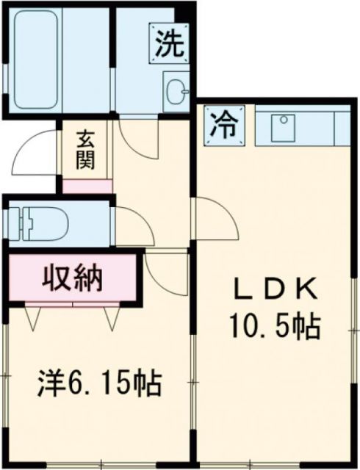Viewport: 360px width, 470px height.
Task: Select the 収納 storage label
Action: pyautogui.click(x=72, y=279)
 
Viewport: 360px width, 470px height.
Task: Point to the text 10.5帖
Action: pyautogui.click(x=276, y=325)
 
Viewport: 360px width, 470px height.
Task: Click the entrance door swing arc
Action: pyautogui.click(x=35, y=151)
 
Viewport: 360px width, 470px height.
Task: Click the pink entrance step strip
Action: pyautogui.click(x=87, y=186)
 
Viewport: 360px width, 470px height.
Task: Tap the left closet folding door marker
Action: pyautogui.click(x=32, y=316)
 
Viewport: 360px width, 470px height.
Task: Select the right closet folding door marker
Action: pyautogui.click(x=112, y=316)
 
